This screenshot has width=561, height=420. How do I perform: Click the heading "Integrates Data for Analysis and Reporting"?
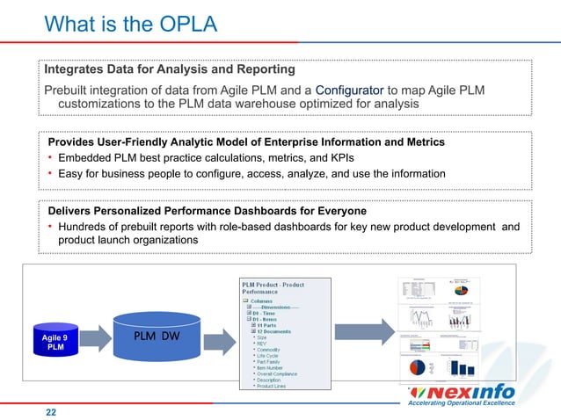170,69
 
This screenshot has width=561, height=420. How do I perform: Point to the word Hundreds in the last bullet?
89,226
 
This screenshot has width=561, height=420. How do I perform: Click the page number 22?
51,409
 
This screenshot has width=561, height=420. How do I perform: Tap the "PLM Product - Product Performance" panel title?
273,287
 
